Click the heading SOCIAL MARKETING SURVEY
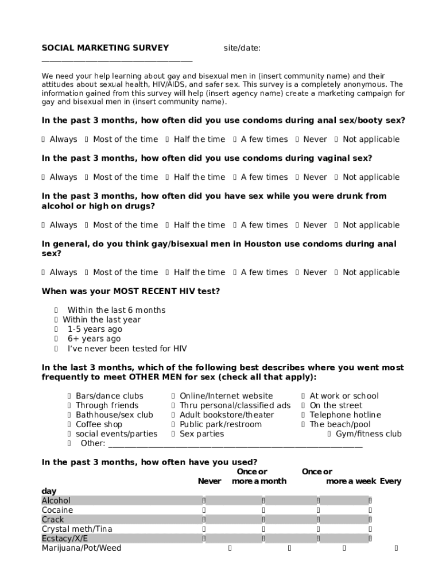(105, 48)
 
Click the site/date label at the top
(242, 48)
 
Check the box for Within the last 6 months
(56, 310)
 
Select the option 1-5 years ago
(56, 330)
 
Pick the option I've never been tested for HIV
(56, 349)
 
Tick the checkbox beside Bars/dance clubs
(69, 396)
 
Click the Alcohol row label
(56, 501)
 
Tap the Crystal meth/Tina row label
(77, 529)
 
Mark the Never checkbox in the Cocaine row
(204, 510)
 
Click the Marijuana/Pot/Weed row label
(82, 548)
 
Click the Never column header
(209, 481)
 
